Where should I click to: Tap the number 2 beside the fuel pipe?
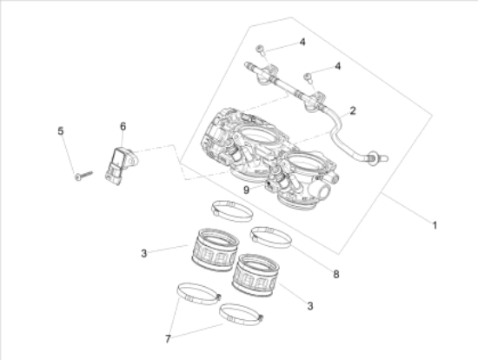click(353, 110)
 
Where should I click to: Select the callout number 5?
click(61, 131)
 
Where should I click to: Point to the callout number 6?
click(123, 127)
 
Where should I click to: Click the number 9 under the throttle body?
click(246, 189)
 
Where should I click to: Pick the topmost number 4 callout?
click(302, 42)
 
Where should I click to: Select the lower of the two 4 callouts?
click(338, 66)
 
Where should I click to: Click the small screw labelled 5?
click(83, 177)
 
